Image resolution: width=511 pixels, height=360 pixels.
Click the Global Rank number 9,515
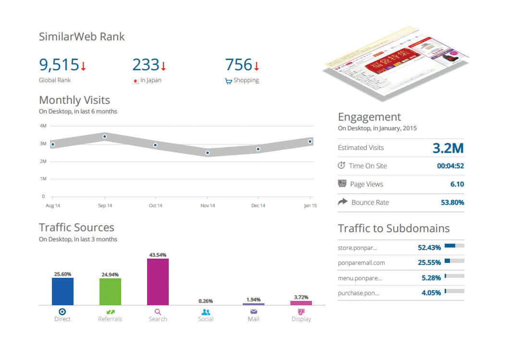point(59,64)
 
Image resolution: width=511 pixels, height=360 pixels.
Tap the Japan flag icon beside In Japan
point(136,81)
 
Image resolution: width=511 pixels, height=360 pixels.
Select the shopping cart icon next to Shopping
point(228,81)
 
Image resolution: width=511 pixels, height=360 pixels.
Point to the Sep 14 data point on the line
point(105,137)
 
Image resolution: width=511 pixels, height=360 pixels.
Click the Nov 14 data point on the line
point(208,153)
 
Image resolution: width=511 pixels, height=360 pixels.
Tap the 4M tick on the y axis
point(43,126)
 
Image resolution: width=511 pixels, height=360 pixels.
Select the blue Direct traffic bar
point(62,291)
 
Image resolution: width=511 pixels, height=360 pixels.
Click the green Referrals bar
point(110,292)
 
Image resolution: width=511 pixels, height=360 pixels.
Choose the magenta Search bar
point(158,282)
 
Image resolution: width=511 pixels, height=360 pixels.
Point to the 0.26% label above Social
point(205,301)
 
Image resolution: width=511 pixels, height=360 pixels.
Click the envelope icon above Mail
point(253,312)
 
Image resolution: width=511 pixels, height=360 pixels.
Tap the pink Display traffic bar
point(301,303)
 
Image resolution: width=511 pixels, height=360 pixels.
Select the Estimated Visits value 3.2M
point(448,148)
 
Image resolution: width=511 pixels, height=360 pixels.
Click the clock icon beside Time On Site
point(341,166)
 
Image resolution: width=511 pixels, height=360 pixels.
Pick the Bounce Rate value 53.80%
point(452,202)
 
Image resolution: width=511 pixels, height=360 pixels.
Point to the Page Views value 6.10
point(457,184)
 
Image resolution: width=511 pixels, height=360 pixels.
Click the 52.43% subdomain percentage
point(429,248)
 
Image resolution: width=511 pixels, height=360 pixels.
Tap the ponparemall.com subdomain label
point(361,263)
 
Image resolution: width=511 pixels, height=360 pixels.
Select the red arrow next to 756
point(256,66)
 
